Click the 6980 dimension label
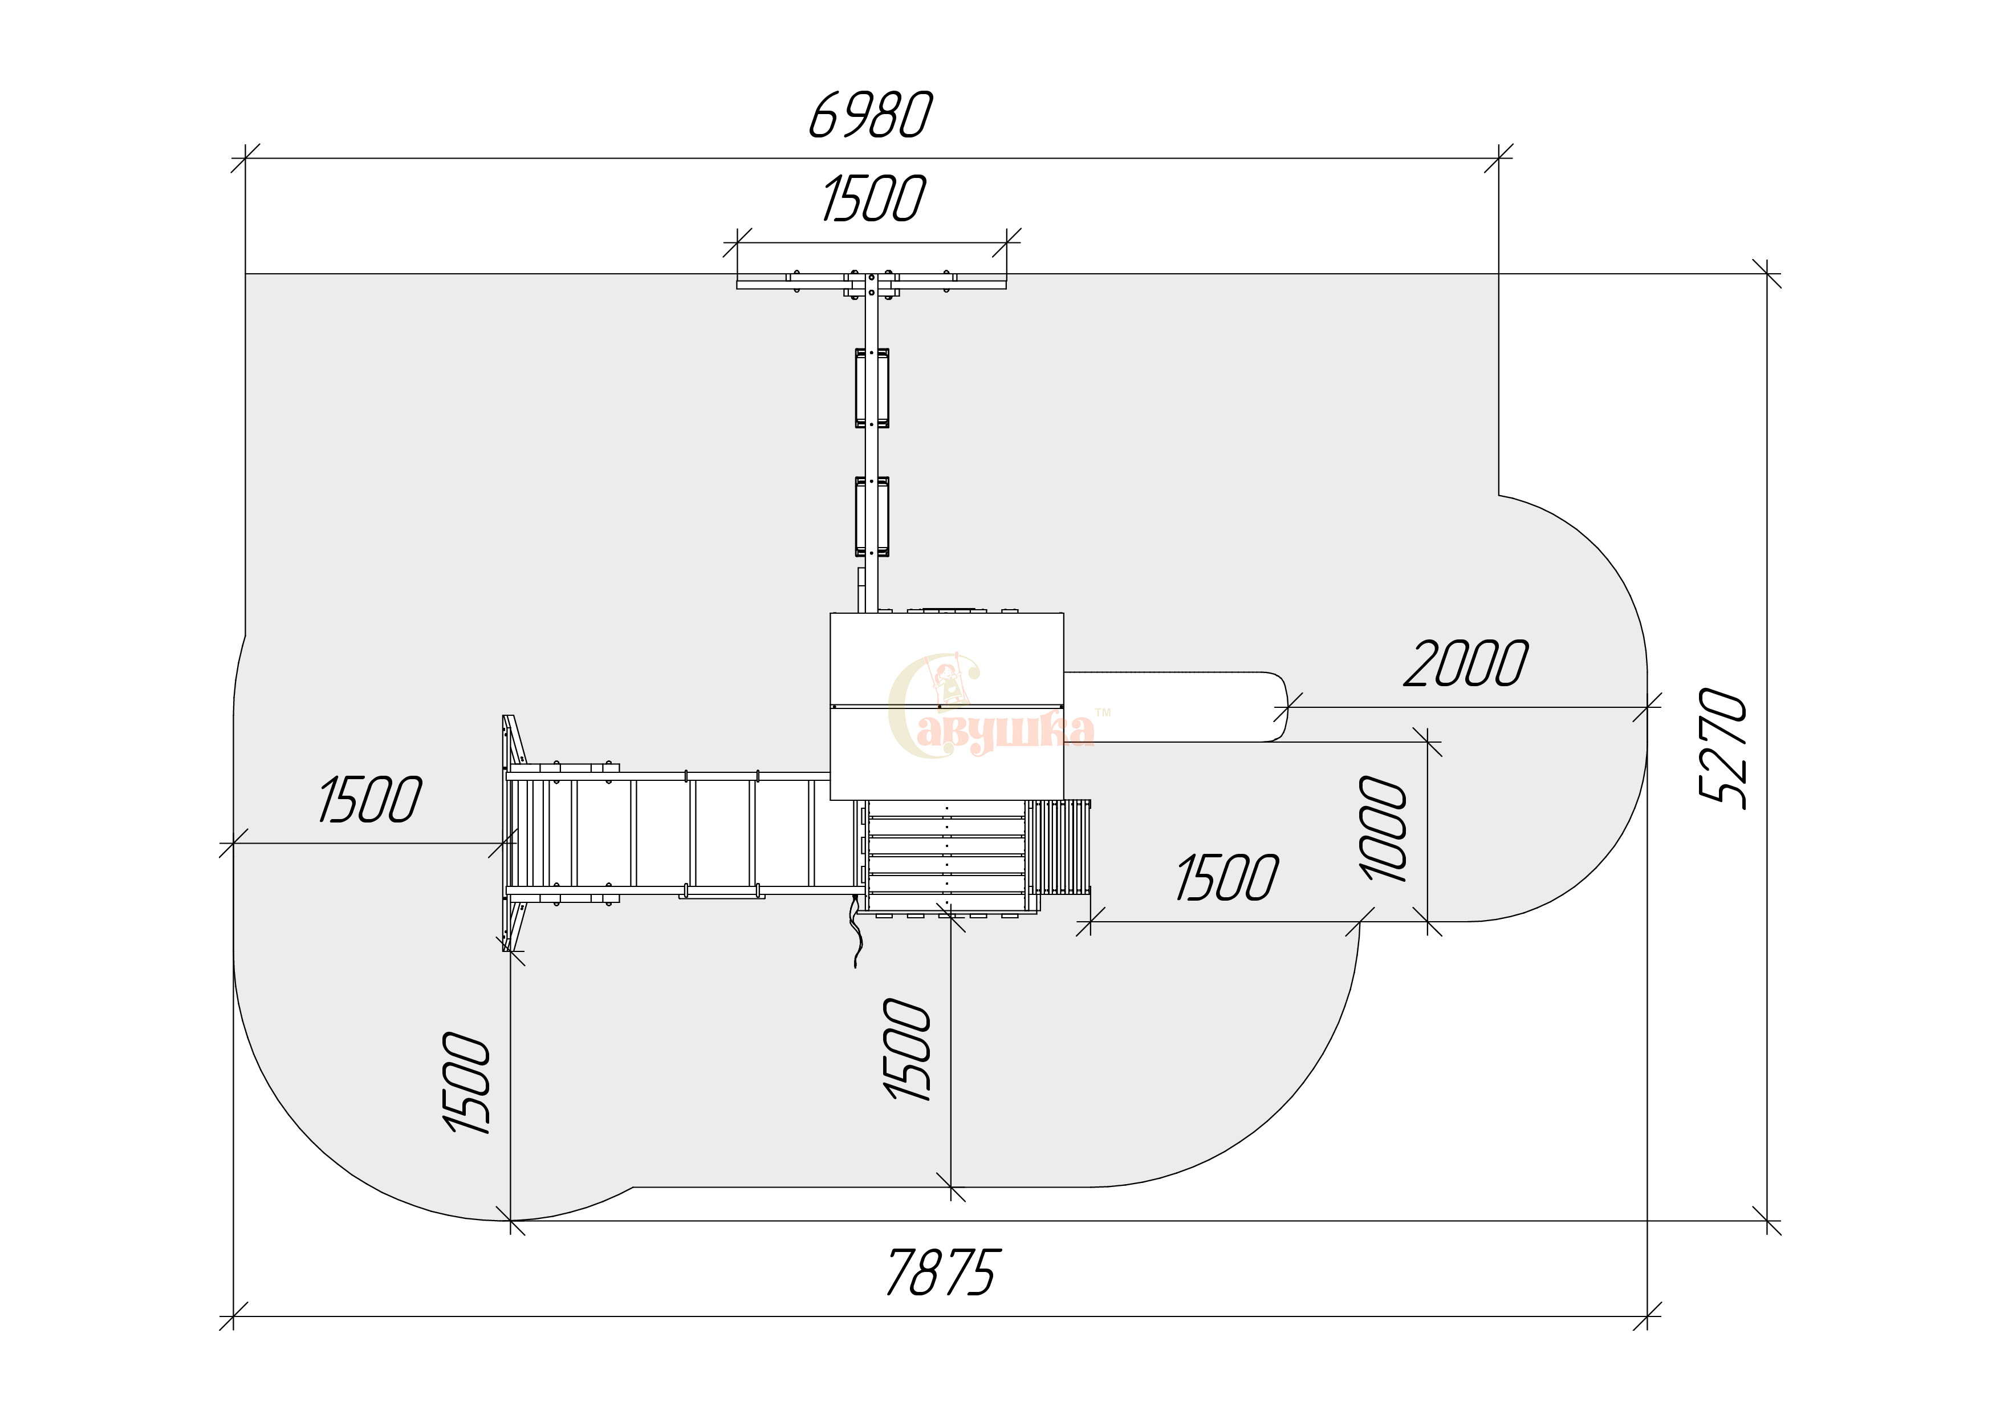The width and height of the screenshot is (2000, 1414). click(870, 115)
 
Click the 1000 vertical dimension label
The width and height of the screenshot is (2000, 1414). click(1383, 829)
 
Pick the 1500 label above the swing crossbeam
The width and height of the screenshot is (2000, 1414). click(873, 198)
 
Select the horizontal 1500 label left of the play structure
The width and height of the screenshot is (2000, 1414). click(370, 799)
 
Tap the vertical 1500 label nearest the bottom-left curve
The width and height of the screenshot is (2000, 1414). click(467, 1083)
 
